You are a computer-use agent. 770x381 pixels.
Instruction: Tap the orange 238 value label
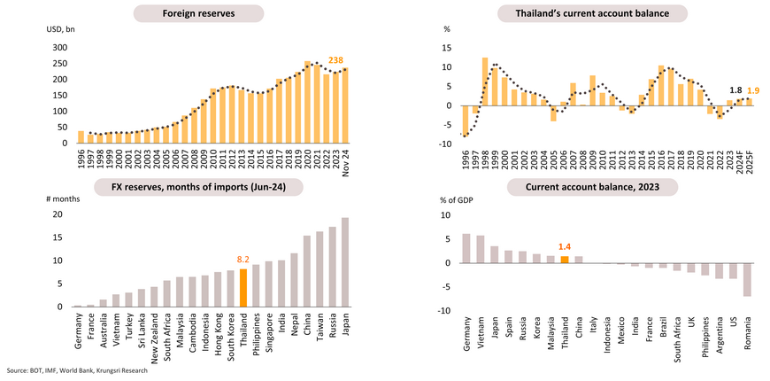point(335,60)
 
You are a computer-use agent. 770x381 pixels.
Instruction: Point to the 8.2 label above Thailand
point(244,260)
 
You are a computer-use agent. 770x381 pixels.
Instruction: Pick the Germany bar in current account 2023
point(466,248)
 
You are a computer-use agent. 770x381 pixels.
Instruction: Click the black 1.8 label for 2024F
point(735,90)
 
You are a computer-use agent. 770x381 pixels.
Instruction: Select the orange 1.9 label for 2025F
point(753,90)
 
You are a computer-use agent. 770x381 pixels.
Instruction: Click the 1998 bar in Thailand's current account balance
point(485,82)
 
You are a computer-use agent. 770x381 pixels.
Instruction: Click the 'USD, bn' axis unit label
point(63,30)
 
